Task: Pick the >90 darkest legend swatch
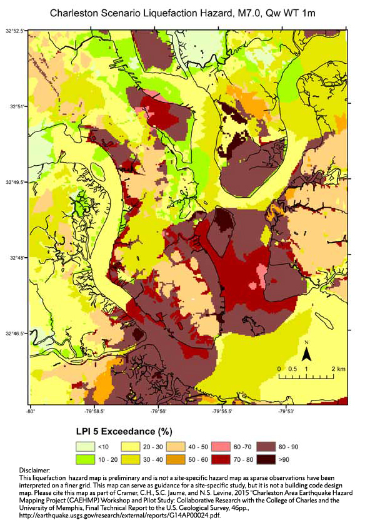point(267,461)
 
